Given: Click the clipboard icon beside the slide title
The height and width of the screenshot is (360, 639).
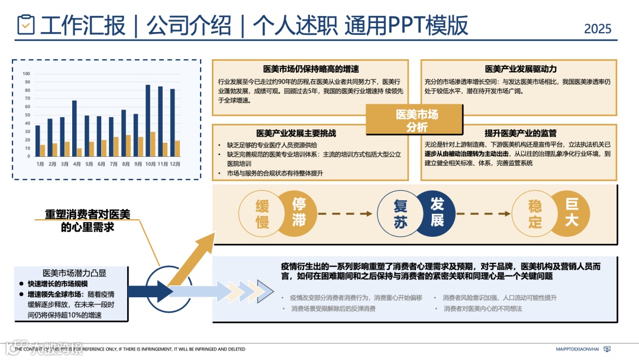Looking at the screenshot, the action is [x=27, y=25].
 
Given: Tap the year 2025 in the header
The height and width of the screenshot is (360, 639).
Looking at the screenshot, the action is [x=598, y=28].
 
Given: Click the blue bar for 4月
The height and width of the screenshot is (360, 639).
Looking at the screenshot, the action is [x=75, y=128].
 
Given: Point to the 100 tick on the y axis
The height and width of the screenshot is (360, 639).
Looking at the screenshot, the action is [x=27, y=74].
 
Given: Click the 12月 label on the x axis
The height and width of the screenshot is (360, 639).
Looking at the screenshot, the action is [x=175, y=163].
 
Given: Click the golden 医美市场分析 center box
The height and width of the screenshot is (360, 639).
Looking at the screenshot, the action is [x=417, y=121].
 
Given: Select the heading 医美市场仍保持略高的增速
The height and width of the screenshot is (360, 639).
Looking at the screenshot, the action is [x=311, y=69].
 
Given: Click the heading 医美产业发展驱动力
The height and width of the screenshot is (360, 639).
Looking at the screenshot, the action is [x=521, y=69].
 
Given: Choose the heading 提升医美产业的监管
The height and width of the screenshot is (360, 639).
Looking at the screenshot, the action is [x=521, y=133].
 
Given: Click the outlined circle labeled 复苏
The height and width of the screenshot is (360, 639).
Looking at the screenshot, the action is [x=400, y=213].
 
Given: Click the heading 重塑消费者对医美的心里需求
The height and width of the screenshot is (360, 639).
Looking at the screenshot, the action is [x=88, y=220].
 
